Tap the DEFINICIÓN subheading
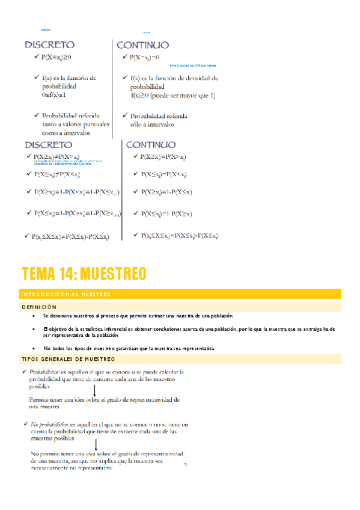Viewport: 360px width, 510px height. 39,307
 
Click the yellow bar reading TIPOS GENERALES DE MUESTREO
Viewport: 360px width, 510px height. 180,359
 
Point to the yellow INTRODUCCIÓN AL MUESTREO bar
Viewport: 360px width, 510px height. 180,293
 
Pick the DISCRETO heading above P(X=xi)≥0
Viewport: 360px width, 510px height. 49,45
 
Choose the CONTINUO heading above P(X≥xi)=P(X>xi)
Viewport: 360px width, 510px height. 150,144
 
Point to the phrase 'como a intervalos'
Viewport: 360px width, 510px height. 66,134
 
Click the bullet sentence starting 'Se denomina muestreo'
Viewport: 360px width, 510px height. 138,316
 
